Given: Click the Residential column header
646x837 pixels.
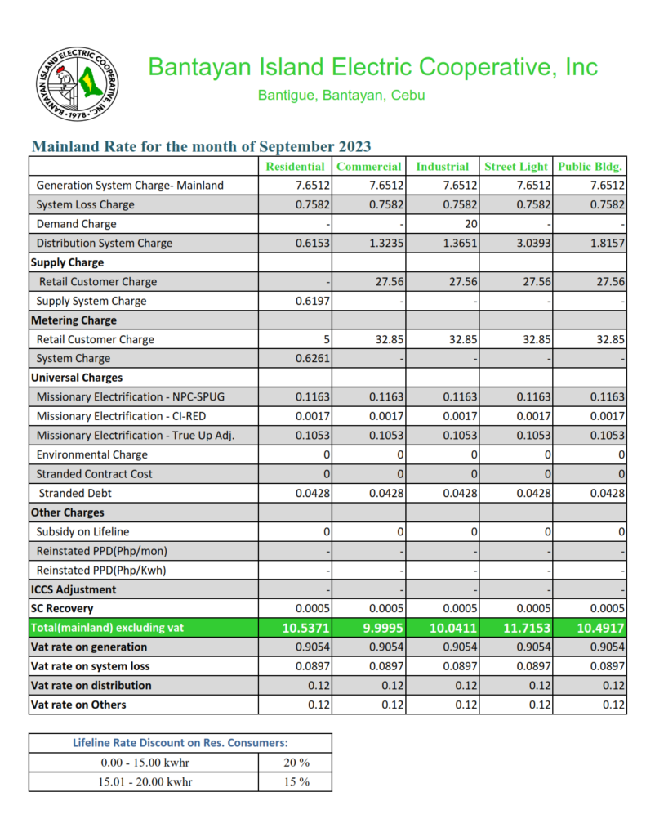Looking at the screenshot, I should pyautogui.click(x=295, y=166).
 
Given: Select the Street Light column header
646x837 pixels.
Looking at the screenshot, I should pyautogui.click(x=516, y=166).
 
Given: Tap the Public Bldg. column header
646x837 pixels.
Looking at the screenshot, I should pyautogui.click(x=590, y=166).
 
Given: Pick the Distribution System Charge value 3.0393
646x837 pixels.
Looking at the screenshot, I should pyautogui.click(x=532, y=244).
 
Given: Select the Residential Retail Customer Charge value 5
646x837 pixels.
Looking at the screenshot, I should pyautogui.click(x=325, y=339).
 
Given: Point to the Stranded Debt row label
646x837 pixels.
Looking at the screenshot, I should pyautogui.click(x=76, y=493).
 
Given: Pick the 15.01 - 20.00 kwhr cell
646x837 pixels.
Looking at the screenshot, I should pyautogui.click(x=143, y=781).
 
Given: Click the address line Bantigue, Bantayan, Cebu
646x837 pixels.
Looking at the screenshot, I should pyautogui.click(x=341, y=96).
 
